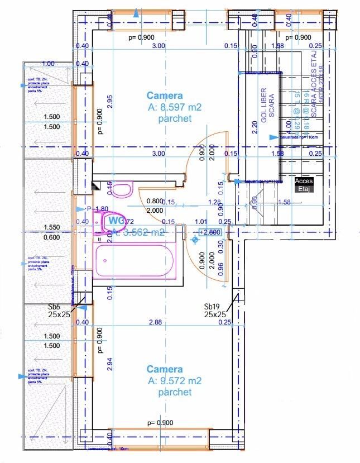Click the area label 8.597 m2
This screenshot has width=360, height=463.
point(175,108)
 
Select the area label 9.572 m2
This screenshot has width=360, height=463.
point(175,381)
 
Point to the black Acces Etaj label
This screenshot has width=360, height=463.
point(304,185)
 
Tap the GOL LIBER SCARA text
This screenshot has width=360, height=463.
point(268,103)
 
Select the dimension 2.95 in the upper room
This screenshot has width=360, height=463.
point(110,101)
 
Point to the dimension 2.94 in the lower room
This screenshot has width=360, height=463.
point(110,364)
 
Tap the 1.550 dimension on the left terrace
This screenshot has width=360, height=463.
point(51,228)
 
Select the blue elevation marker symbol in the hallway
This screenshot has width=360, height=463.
point(195,240)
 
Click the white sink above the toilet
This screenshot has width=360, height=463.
point(121,190)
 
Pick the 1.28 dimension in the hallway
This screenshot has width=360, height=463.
point(214,202)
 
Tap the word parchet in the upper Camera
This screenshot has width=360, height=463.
point(175,118)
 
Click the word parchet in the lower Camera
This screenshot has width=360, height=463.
point(175,392)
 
